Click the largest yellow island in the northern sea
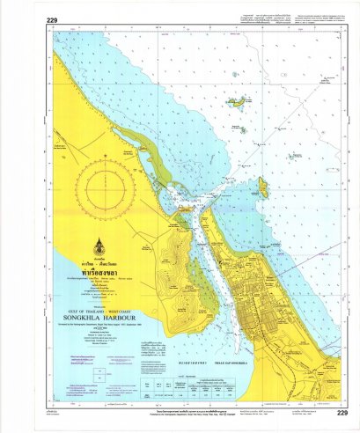tap(237, 102)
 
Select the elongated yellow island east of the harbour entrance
tap(263, 186)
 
